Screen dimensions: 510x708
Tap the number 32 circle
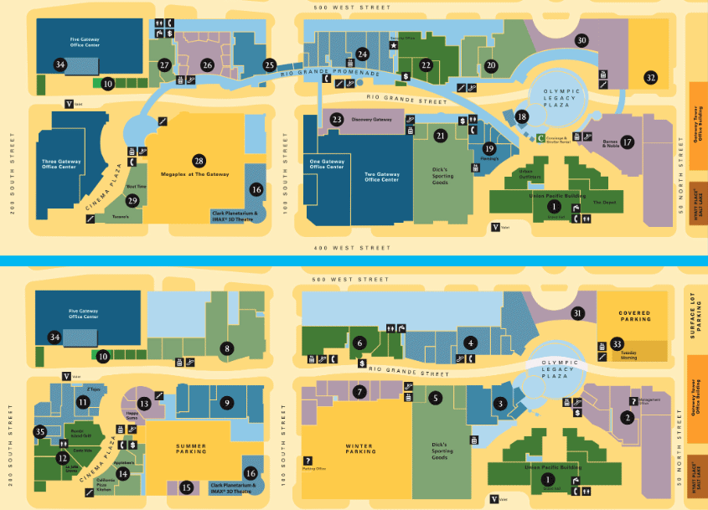click(x=650, y=77)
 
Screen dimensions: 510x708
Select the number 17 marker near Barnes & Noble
click(x=650, y=142)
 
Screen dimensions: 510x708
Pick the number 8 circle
click(x=225, y=348)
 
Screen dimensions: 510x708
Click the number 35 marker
click(x=39, y=431)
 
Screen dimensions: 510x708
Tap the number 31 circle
click(x=576, y=314)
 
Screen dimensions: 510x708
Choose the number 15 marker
click(x=187, y=487)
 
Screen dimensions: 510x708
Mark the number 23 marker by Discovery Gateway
click(x=336, y=120)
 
